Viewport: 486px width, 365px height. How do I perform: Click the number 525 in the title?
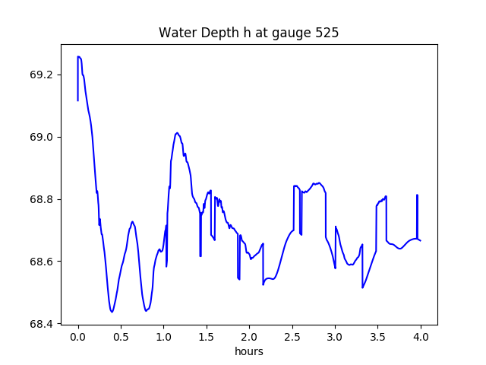coord(328,33)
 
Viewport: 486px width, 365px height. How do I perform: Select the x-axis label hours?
coord(248,352)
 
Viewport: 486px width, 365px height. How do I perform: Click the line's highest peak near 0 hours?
coord(79,57)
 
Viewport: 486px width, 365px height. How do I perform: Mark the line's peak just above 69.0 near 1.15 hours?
coord(177,133)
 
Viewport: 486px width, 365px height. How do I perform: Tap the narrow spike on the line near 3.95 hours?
coord(417,195)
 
